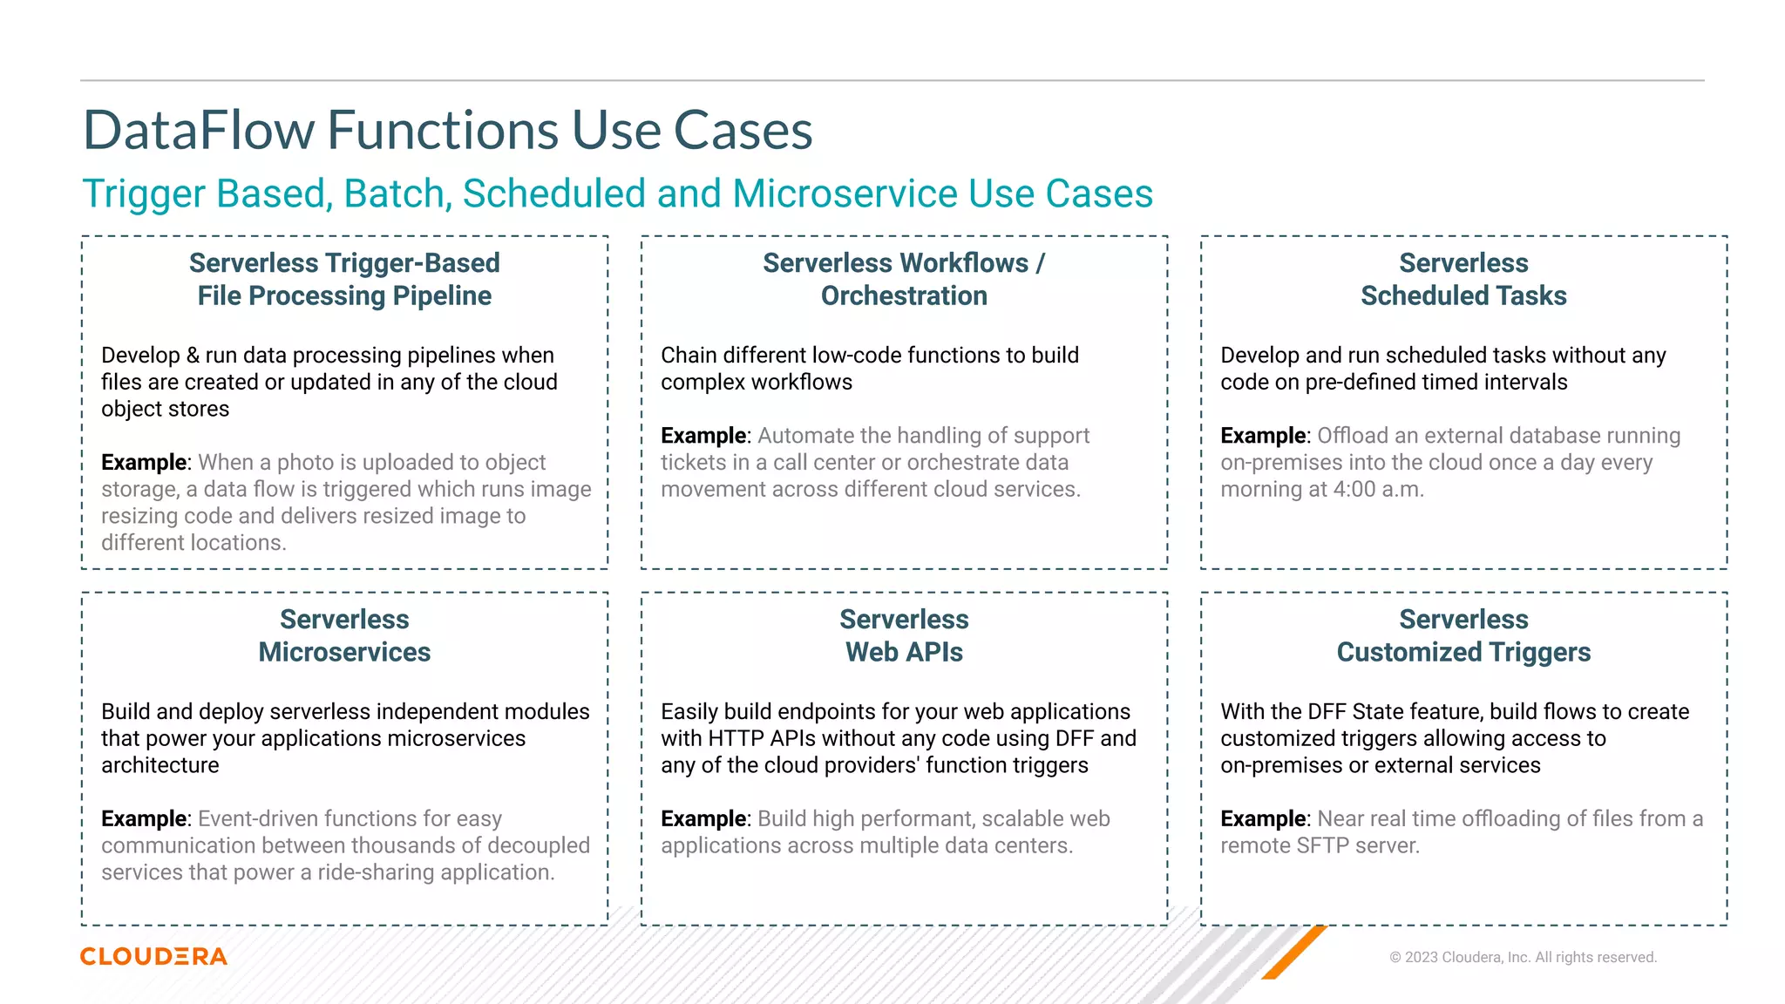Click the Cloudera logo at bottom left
point(153,956)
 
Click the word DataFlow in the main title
point(199,131)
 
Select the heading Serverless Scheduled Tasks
point(1463,280)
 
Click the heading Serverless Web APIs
point(904,636)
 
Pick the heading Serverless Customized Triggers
point(1463,636)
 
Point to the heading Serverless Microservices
point(344,636)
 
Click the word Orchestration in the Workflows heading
point(904,296)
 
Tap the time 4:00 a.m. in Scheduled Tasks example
point(1377,490)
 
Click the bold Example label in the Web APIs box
point(703,819)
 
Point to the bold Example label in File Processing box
point(144,463)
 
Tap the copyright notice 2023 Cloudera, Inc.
point(1523,957)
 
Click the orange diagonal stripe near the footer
point(1295,953)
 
